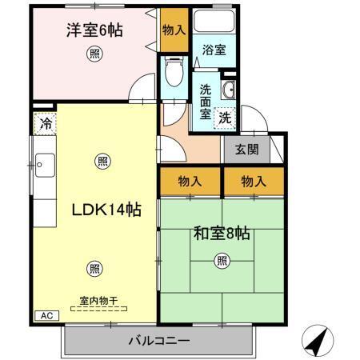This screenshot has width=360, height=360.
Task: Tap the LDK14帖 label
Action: [106, 210]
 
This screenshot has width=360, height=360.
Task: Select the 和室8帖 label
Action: [222, 234]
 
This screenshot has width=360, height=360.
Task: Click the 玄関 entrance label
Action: [246, 149]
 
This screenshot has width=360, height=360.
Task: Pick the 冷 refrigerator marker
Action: [45, 124]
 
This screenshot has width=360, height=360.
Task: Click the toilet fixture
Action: [171, 77]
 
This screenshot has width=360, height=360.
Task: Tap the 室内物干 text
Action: [98, 302]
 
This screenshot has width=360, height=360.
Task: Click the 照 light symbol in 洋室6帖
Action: [95, 54]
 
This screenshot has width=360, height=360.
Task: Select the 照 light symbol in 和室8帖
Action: [222, 260]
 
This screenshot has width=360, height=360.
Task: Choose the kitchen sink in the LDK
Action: [42, 169]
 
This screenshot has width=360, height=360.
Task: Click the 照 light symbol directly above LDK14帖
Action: [102, 161]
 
